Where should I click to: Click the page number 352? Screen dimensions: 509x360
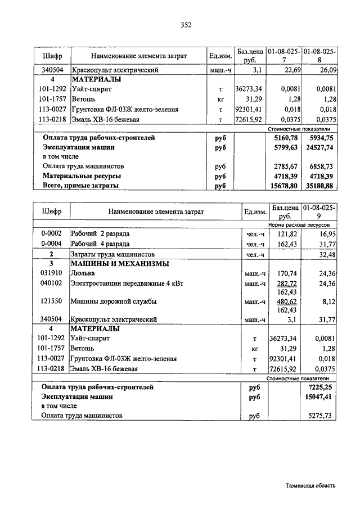pos(186,24)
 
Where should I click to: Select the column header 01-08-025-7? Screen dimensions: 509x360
pos(285,56)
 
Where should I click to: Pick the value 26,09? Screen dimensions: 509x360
pos(327,70)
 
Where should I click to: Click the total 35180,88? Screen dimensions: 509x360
pos(322,186)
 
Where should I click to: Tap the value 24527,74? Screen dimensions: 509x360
pos(322,147)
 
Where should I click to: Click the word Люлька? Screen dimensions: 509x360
pos(83,273)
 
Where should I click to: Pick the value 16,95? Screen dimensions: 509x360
pos(327,233)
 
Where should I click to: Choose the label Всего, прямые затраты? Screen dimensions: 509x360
pos(82,186)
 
